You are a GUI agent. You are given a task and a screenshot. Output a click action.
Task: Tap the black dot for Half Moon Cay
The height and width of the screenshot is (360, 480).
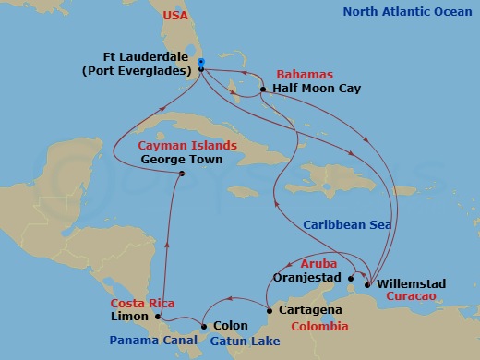pyautogui.click(x=263, y=90)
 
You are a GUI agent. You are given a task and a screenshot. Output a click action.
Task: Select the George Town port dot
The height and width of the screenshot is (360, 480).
pyautogui.click(x=182, y=174)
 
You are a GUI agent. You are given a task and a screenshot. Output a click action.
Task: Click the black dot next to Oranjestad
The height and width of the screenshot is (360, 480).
pyautogui.click(x=351, y=276)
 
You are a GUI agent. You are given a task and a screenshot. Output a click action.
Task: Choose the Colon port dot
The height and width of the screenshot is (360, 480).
pyautogui.click(x=204, y=326)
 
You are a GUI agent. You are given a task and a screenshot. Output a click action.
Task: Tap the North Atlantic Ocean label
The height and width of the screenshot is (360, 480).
pyautogui.click(x=405, y=12)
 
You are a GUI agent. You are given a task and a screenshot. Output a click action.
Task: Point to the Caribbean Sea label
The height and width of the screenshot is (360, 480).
pyautogui.click(x=347, y=225)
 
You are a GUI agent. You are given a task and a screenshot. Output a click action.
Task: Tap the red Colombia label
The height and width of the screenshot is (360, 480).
pyautogui.click(x=319, y=327)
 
